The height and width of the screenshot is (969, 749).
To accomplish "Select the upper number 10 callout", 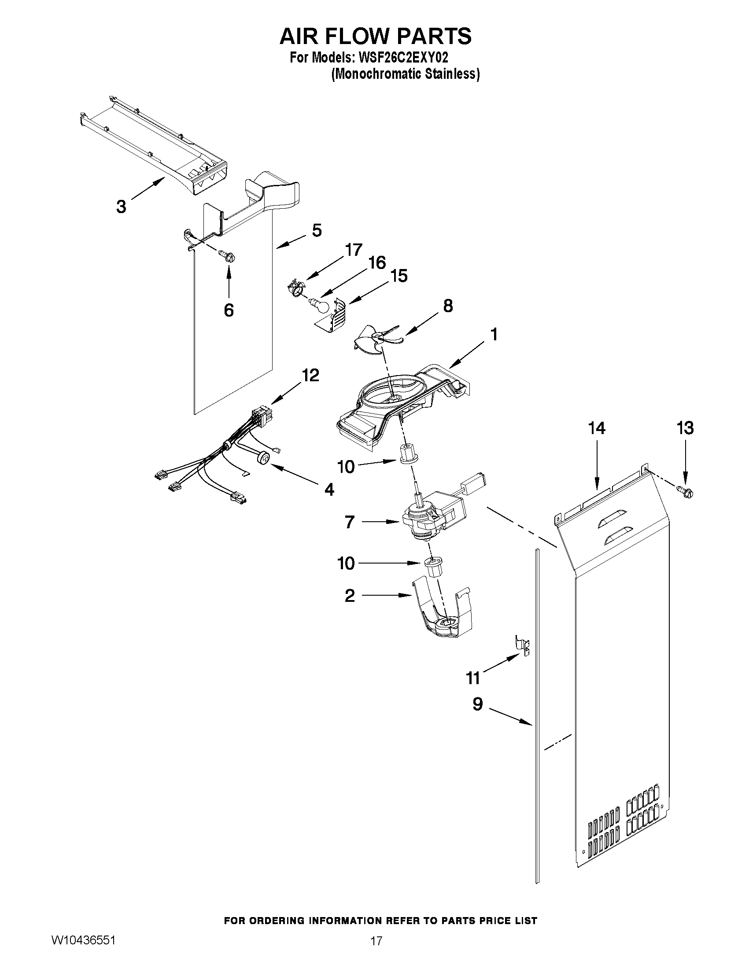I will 346,466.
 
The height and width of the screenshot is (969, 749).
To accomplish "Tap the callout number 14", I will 597,428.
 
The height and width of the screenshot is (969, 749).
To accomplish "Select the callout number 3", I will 121,206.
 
